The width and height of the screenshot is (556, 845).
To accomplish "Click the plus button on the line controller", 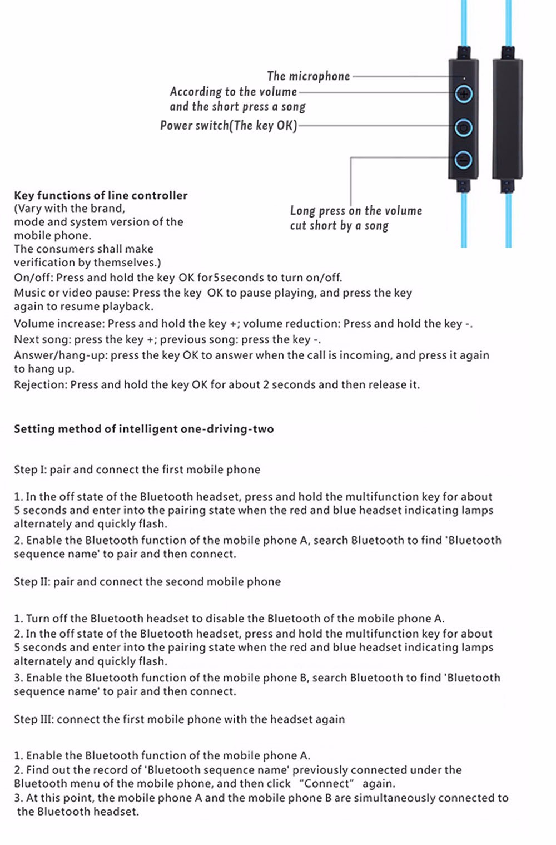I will pos(464,94).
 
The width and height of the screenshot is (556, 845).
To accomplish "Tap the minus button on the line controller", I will pos(463,160).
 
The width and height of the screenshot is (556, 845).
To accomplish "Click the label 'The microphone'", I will pos(308,76).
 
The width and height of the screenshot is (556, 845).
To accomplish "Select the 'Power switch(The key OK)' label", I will pos(228,125).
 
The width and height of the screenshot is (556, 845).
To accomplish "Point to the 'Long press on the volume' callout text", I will pos(356,211).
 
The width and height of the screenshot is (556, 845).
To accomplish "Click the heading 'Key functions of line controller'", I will pos(101,195).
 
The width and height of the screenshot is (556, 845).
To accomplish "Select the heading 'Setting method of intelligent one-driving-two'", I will pos(143,429).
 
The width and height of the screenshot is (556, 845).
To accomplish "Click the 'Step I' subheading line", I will pos(137,470).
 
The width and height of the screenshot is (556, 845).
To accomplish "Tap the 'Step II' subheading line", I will pos(147,582).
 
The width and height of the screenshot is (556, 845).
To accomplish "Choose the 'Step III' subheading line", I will pos(179,719).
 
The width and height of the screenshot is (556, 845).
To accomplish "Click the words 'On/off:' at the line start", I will pos(33,278).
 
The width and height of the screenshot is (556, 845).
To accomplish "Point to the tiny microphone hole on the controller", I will pos(465,79).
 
